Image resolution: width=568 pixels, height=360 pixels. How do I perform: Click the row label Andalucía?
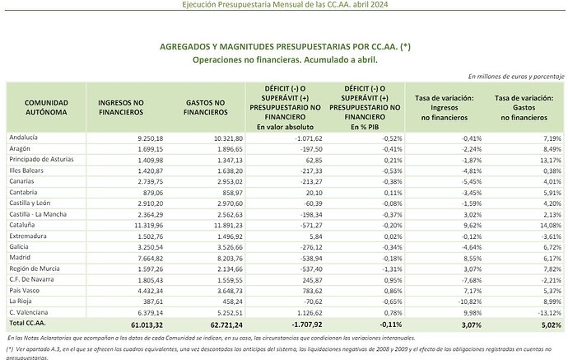pyautogui.click(x=23, y=137)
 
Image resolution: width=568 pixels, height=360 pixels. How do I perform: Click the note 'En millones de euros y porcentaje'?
pyautogui.click(x=515, y=75)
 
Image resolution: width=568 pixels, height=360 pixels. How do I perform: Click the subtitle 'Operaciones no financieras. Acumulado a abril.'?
pyautogui.click(x=283, y=60)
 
